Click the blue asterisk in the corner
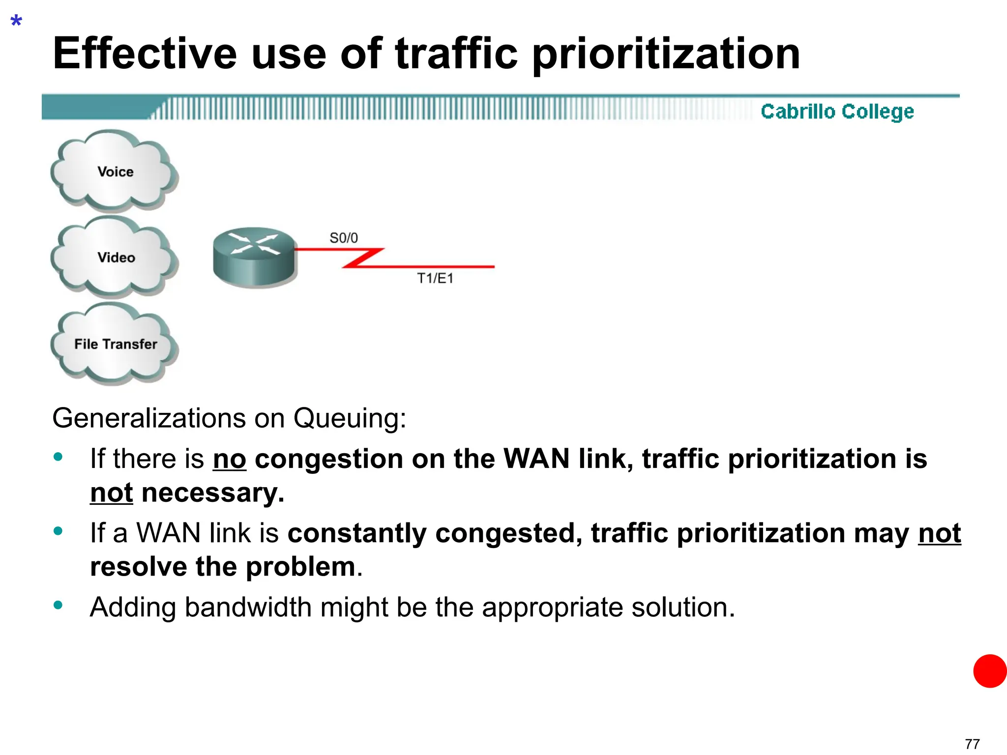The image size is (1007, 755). pos(16,22)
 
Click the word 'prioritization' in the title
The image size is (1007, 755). pos(666,54)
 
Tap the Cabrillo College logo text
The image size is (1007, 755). pos(837,112)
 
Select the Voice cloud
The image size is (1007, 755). pos(115,172)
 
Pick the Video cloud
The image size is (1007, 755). pos(115,257)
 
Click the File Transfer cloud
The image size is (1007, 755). pos(115,344)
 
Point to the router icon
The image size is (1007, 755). pos(254,257)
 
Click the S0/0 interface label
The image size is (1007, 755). pos(343,238)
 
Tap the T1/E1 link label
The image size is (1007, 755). pos(435,278)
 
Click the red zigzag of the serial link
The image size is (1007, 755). pos(363,258)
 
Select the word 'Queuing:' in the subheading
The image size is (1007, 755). pos(350,419)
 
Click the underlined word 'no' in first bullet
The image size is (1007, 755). pos(229,459)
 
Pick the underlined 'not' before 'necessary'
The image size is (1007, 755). pos(112,493)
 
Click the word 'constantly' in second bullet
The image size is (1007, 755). pos(357,533)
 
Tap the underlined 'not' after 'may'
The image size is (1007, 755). pos(939,533)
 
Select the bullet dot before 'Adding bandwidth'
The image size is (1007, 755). pos(58,605)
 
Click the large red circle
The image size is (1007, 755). pos(990,671)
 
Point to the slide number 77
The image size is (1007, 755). pos(972,744)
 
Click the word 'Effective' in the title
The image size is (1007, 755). pos(145,54)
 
